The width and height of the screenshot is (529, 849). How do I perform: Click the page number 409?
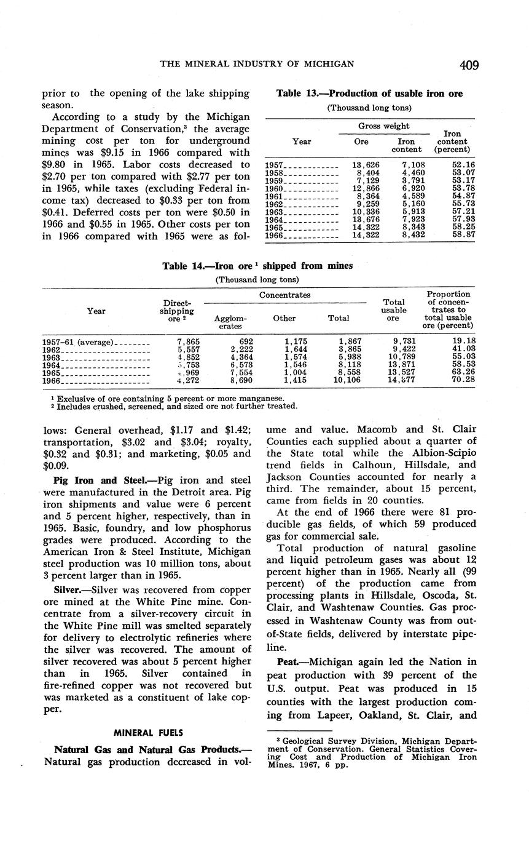point(468,65)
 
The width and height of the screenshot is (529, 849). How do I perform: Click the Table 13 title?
point(369,94)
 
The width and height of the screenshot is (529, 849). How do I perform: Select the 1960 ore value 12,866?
point(365,187)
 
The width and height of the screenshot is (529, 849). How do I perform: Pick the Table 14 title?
point(257,266)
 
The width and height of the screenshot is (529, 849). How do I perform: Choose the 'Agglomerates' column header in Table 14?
point(230,322)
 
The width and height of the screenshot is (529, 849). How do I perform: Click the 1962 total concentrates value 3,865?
point(350,349)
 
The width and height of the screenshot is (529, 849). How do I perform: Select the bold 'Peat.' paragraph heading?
point(291,661)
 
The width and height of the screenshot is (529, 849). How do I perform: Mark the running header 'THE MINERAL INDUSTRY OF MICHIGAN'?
point(257,65)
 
